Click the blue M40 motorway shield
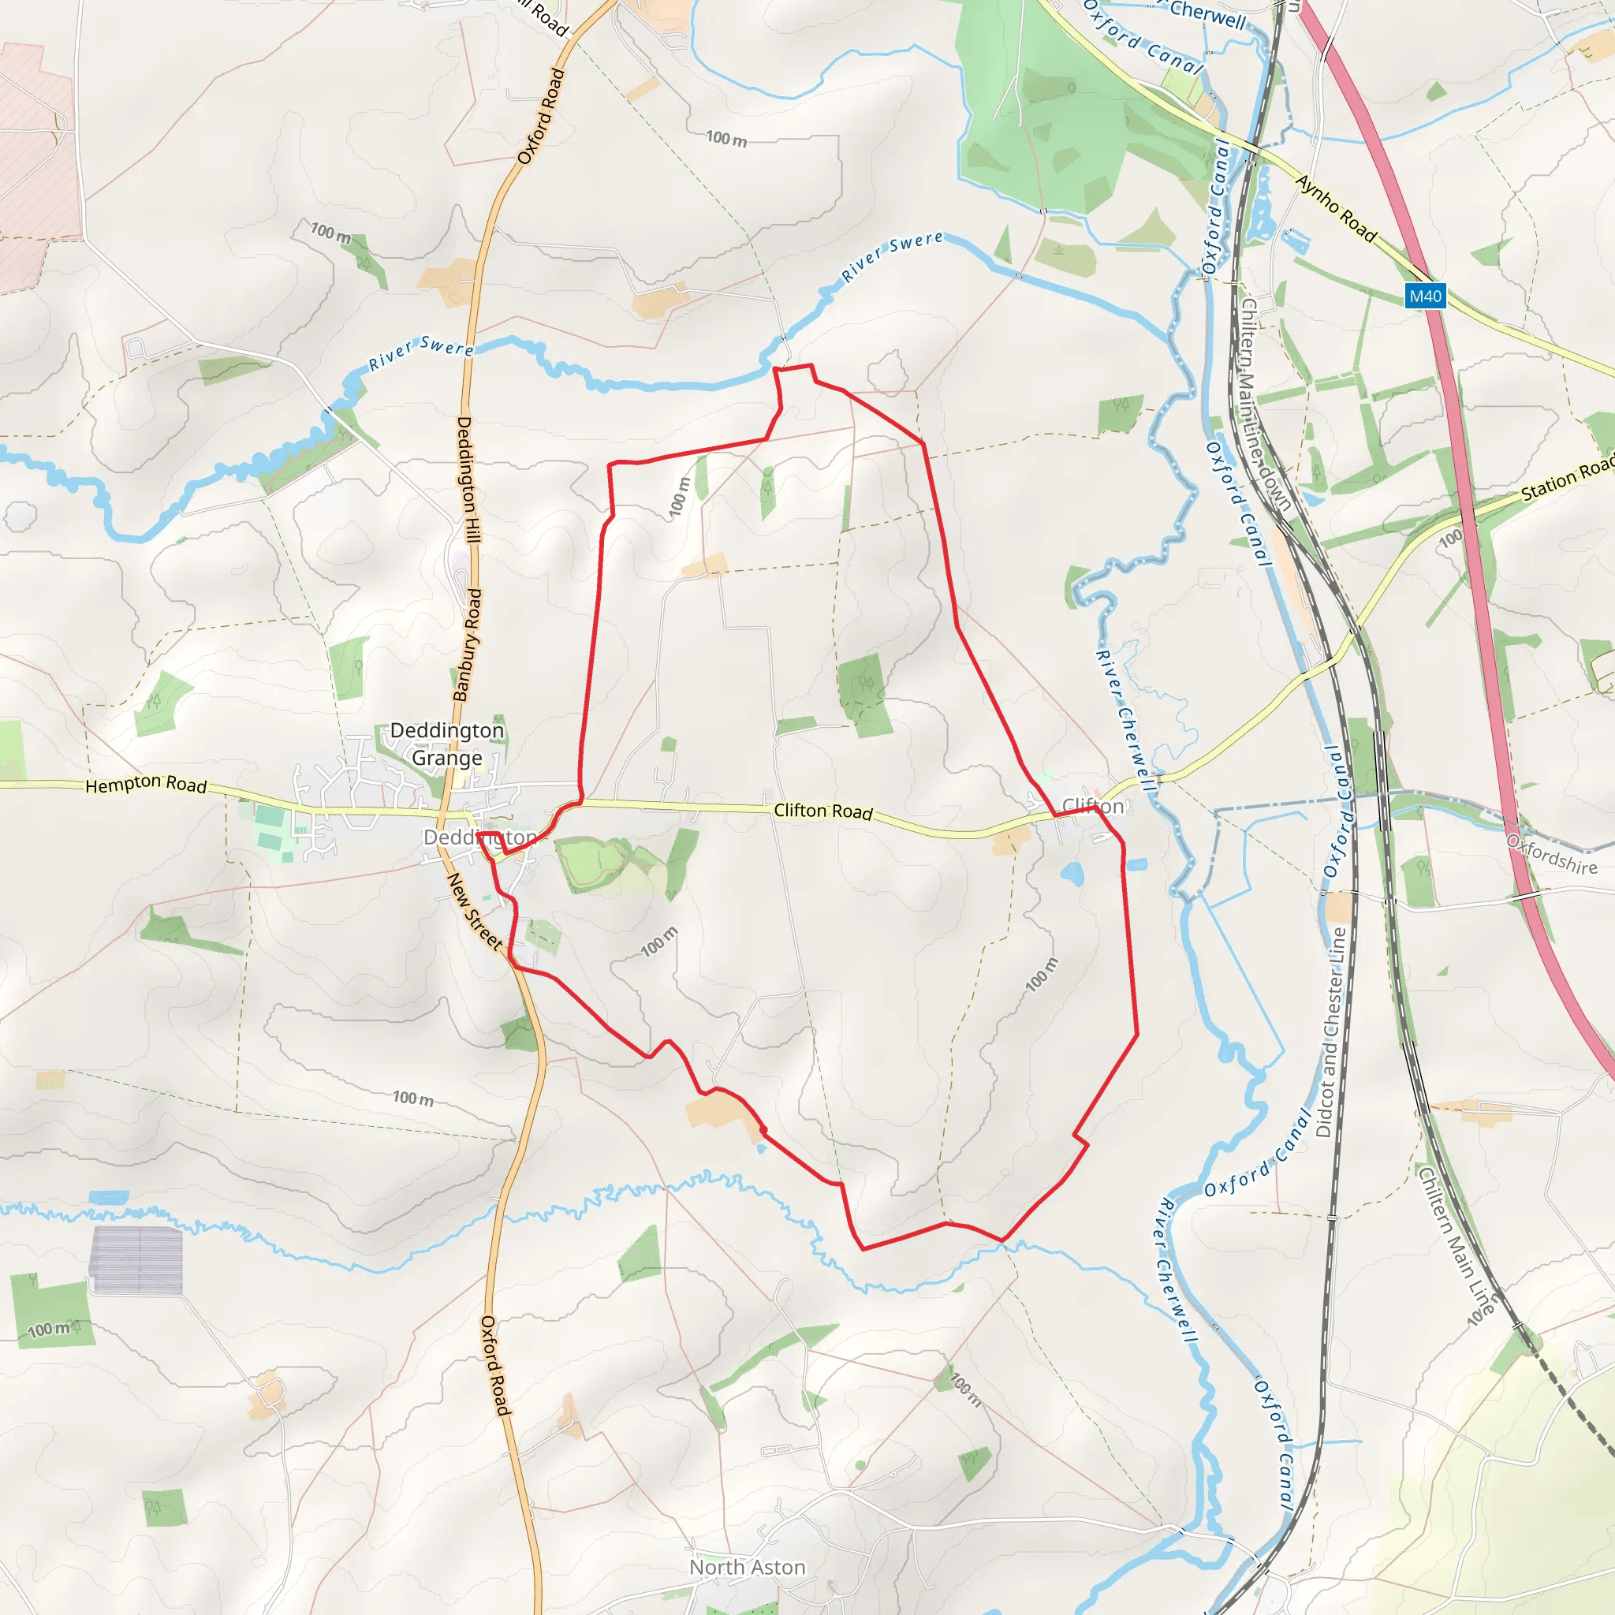(x=1425, y=296)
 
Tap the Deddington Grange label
(x=447, y=744)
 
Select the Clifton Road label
(x=823, y=811)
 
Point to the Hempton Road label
(x=147, y=784)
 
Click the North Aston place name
(x=748, y=1568)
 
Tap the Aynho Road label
(x=1336, y=208)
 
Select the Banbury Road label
(x=468, y=644)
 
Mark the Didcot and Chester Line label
(x=1331, y=1032)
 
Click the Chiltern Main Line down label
(x=1264, y=405)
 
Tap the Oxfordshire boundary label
(x=1551, y=854)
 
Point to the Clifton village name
(x=1092, y=806)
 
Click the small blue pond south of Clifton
(x=1072, y=875)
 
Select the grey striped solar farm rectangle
(x=136, y=1259)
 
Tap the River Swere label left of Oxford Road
(x=420, y=353)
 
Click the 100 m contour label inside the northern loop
(x=681, y=497)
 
